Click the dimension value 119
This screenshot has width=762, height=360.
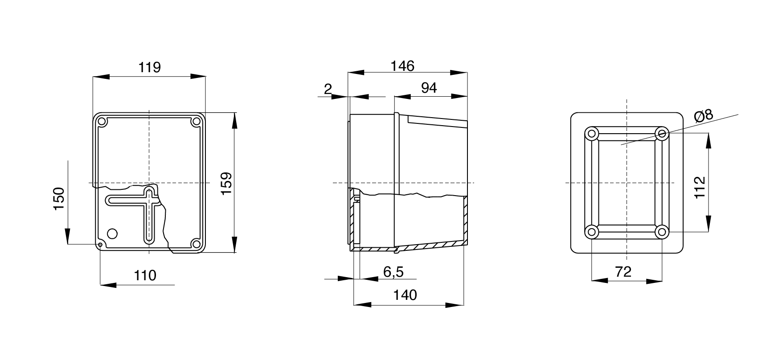tap(149, 68)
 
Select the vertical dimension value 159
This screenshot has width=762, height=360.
tap(226, 183)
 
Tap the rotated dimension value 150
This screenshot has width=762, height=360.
tap(59, 199)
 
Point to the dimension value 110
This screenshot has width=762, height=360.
tap(145, 276)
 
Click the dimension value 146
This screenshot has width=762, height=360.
tap(402, 66)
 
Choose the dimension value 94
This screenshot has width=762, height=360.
tap(429, 88)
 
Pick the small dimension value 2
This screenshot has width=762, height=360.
tap(328, 90)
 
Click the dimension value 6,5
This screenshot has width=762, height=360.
tap(393, 271)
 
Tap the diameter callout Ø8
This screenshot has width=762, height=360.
tap(704, 116)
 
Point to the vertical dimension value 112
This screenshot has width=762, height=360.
tap(700, 188)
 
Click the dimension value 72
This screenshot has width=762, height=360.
tap(623, 271)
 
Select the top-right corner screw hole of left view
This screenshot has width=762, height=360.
tap(196, 122)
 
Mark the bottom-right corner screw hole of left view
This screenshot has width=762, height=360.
tap(196, 243)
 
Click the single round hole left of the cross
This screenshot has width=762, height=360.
tap(112, 233)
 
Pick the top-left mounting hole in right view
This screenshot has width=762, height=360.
tap(592, 133)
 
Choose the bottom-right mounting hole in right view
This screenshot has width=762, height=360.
tap(662, 232)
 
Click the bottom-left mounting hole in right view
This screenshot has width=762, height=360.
tap(592, 232)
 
